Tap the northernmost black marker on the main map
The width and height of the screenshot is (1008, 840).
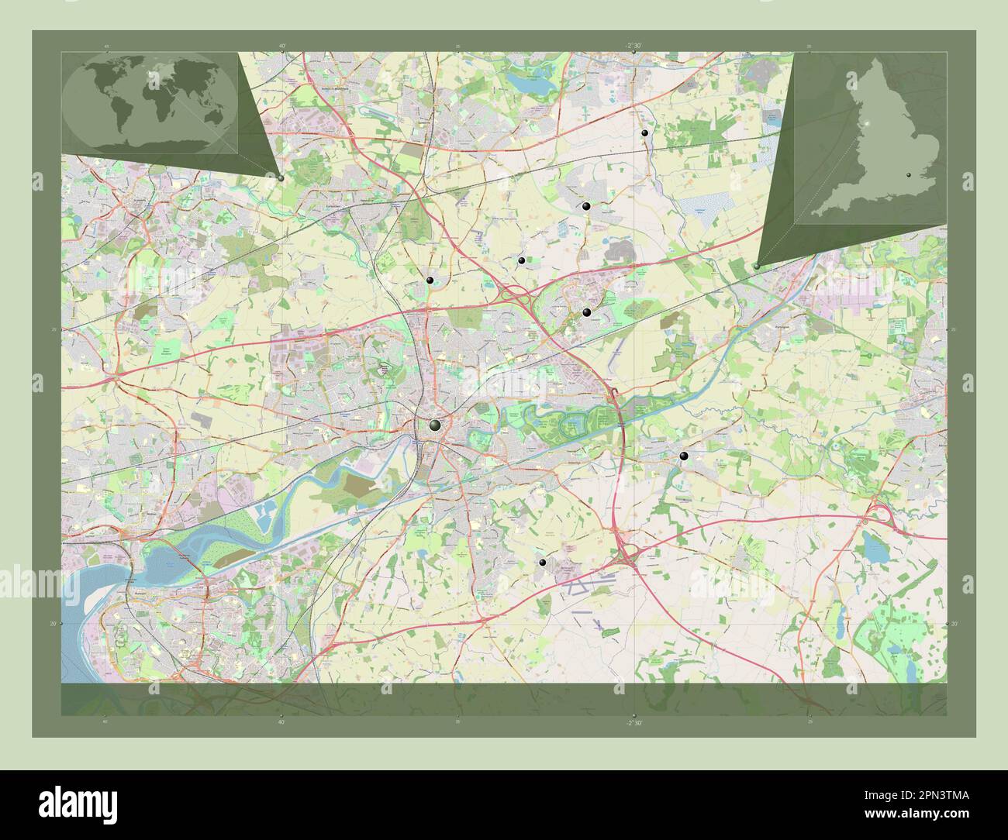pos(644,133)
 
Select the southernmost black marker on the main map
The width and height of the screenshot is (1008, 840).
pos(543,563)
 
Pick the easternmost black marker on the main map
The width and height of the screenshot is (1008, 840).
pos(683,456)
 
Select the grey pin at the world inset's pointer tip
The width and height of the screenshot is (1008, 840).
pos(280,177)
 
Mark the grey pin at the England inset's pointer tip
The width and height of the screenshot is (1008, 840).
pos(757,266)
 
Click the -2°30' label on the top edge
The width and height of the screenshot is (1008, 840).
pos(635,46)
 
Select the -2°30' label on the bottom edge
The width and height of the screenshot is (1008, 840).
pos(635,722)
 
